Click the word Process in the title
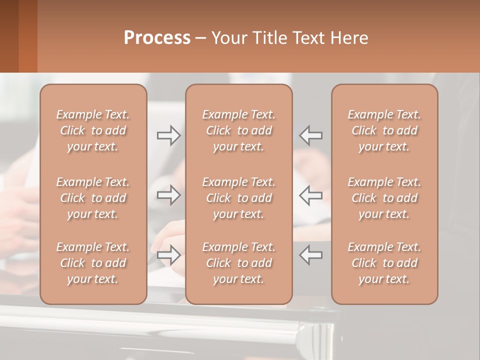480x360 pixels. click(x=157, y=38)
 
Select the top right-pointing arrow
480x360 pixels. click(x=168, y=135)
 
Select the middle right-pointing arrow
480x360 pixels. click(x=168, y=195)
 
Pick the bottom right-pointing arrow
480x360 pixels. click(x=168, y=255)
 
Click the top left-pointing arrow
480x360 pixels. click(x=311, y=135)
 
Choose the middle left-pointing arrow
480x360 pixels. click(x=311, y=195)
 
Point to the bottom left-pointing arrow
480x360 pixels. click(x=311, y=255)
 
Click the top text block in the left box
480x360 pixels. click(x=93, y=130)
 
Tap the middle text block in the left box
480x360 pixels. click(x=93, y=198)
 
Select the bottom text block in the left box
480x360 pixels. click(x=93, y=263)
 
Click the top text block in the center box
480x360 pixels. click(x=238, y=130)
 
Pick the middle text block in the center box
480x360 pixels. click(x=238, y=198)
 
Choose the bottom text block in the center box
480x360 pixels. click(x=238, y=263)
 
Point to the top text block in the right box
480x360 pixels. click(x=384, y=130)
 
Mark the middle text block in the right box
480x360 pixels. click(x=384, y=198)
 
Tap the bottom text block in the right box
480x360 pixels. click(x=384, y=263)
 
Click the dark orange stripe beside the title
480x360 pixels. click(x=27, y=36)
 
